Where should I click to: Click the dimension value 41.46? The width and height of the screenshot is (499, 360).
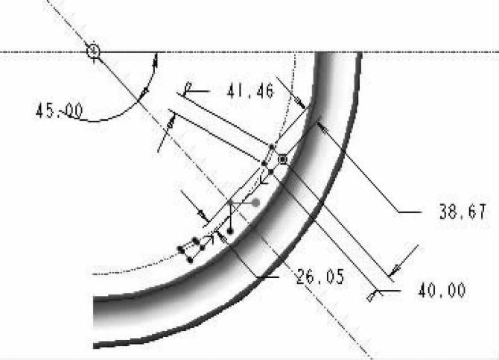250,91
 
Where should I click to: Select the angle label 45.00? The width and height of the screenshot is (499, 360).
59,110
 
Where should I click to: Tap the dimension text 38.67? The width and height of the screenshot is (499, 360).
463,212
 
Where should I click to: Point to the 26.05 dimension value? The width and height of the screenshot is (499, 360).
320,277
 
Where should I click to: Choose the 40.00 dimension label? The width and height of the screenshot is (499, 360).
442,290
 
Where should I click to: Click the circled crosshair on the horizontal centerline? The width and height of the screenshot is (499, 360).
94,51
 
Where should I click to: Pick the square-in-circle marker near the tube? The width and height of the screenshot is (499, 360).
282,160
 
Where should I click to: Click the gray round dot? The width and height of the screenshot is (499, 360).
255,203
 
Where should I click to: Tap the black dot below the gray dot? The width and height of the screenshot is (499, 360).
230,231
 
